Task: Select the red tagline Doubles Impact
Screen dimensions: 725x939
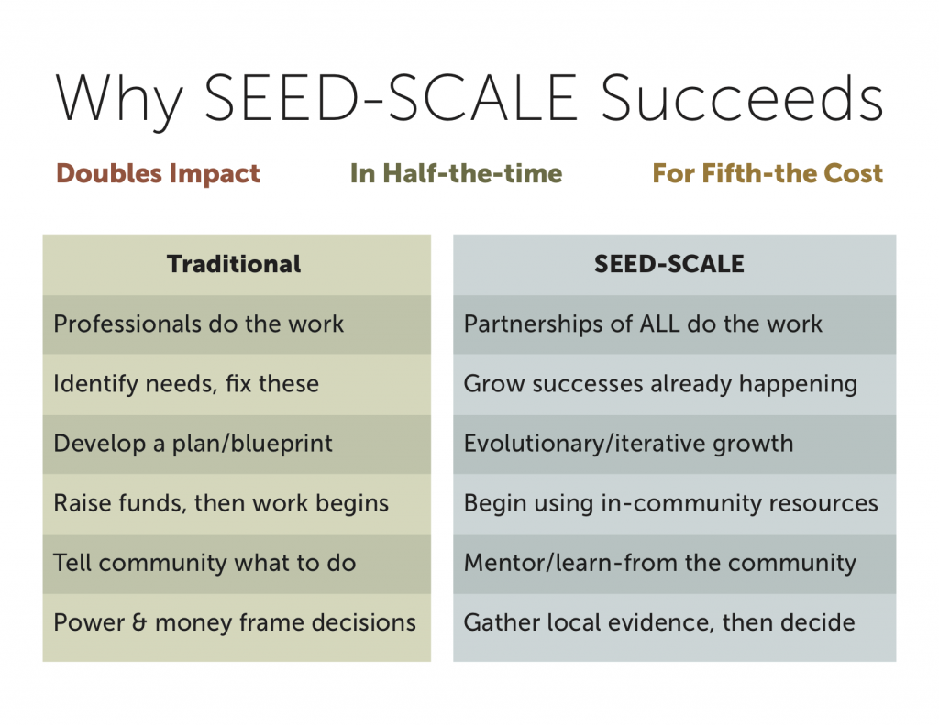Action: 158,173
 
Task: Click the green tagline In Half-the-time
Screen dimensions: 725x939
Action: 456,173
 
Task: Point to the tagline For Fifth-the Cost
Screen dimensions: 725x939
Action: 768,173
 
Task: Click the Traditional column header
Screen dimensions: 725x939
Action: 234,265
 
